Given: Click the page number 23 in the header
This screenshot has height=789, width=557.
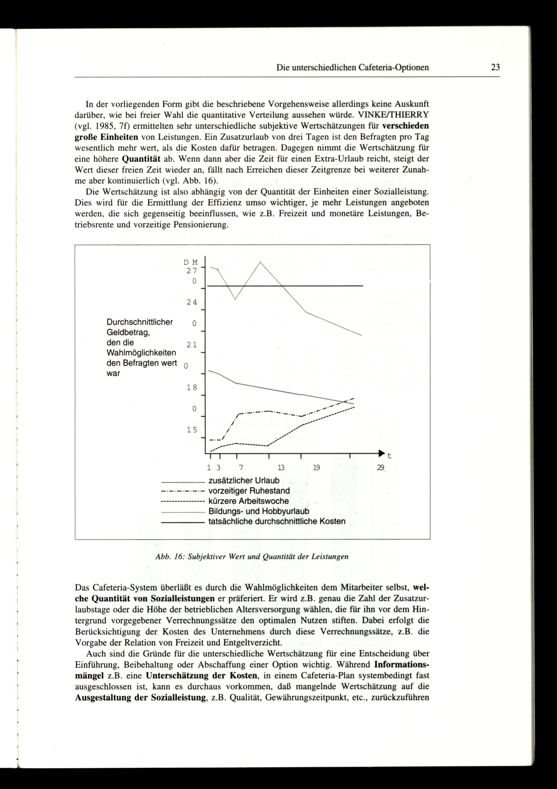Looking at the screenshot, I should coord(495,67).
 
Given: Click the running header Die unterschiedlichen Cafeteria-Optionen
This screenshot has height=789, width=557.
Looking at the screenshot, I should coord(353,67).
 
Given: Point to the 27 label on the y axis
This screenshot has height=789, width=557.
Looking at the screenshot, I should coord(192,271).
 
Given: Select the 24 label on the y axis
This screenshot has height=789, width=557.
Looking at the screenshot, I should coord(192,302).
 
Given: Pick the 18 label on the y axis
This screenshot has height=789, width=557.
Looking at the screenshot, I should coord(192,388).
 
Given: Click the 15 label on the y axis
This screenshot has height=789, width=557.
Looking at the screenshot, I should coord(192,430).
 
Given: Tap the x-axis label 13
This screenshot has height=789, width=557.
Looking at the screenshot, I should coord(281,467).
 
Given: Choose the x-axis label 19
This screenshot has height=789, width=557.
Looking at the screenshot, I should coord(316,467).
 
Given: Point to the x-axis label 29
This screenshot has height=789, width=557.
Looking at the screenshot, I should coord(380,467).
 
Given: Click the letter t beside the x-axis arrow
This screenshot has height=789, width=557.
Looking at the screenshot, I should coord(389,456).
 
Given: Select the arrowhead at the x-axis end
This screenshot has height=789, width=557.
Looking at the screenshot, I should coord(381,453).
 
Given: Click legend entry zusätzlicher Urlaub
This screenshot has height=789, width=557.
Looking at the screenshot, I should coord(244,480).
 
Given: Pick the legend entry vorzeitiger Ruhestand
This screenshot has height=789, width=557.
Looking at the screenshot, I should coord(249,491).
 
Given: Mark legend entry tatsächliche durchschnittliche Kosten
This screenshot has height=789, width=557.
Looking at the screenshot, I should coord(277,521).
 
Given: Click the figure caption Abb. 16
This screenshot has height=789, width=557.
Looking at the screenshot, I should coord(251,556).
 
